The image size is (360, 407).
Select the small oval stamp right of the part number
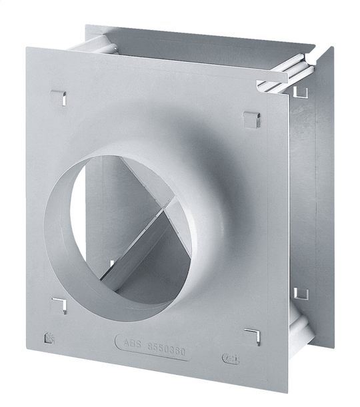pos(229,358)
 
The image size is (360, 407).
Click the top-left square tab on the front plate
pos(58,97)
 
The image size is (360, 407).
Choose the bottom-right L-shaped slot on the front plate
pos(252,335)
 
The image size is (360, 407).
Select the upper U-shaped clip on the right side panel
pos(301,90)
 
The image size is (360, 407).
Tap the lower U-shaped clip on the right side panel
pos(301,293)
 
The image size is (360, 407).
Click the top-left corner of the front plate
pos(28,48)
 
